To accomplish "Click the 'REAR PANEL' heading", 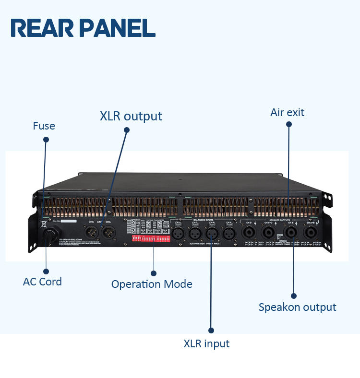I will coord(83,28).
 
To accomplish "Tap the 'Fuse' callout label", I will coord(44,126).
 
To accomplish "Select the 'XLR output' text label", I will coord(131,116).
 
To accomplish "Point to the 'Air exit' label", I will coord(287,113).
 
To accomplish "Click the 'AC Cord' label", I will coord(42,282).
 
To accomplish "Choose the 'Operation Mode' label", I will coord(152,284).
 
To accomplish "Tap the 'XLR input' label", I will coord(206,344).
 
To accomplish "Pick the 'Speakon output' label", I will coord(297,307).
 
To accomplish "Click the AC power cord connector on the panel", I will coord(49,236).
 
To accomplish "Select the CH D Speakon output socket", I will coord(249,234).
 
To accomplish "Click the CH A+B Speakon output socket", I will coord(311,234).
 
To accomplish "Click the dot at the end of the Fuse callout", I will coord(46,140).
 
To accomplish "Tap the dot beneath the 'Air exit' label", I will coord(288,124).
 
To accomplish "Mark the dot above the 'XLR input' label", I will coord(211,330).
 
